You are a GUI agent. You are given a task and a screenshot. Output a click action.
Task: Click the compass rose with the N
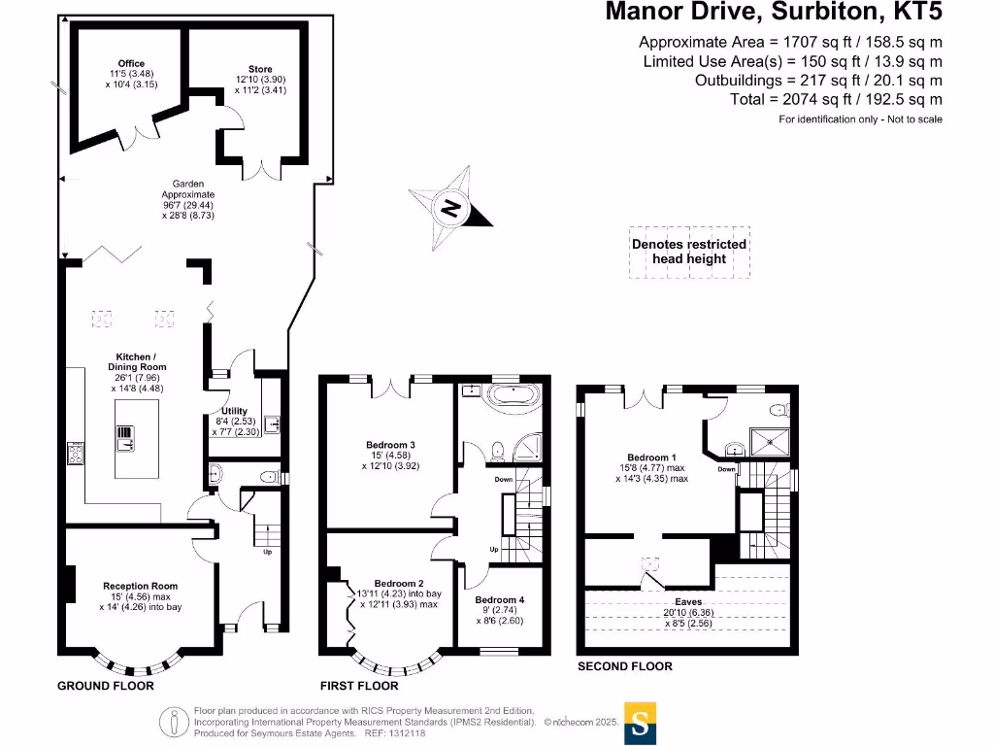click(449, 206)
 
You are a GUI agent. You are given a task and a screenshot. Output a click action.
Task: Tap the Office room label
click(131, 64)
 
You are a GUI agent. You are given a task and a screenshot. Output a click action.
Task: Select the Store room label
click(260, 70)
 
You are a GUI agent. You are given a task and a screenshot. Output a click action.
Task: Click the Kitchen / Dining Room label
click(136, 362)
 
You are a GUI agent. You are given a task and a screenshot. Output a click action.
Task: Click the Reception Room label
click(141, 586)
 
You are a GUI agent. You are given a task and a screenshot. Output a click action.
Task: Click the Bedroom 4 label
click(500, 600)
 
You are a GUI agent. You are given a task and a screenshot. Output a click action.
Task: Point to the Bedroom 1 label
click(650, 458)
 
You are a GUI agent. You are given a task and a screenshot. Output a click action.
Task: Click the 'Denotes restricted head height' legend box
click(689, 252)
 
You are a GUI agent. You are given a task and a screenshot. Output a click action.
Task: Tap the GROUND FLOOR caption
click(106, 686)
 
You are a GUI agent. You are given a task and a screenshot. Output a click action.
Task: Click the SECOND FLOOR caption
click(624, 666)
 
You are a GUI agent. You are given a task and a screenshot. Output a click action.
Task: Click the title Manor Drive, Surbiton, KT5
click(773, 13)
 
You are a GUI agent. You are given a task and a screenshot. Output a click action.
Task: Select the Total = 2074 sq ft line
click(836, 99)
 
